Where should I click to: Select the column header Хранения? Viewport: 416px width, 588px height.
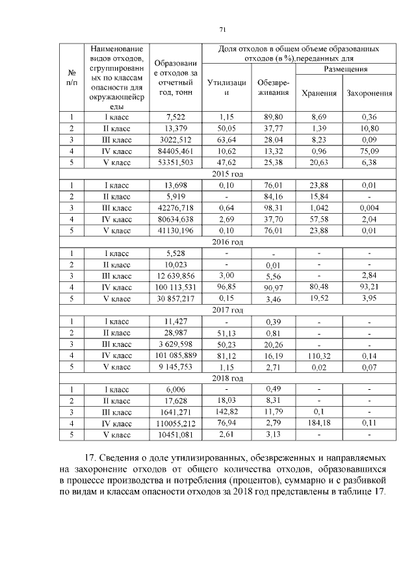[319, 93]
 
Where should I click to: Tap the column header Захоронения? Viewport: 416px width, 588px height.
[369, 93]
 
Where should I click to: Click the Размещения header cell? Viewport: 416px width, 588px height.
[344, 68]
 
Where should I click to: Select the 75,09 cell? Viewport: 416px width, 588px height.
[369, 150]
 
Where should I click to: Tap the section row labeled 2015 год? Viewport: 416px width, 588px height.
[227, 173]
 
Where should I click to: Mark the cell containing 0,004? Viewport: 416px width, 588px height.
[369, 207]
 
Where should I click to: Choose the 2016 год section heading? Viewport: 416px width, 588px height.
[227, 242]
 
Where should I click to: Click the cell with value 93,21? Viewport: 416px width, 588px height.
[369, 287]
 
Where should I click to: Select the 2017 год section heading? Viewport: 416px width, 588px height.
[227, 309]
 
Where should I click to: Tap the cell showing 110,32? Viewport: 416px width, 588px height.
[319, 355]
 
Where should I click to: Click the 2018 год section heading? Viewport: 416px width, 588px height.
[227, 378]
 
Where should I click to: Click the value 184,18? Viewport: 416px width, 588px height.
[319, 423]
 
